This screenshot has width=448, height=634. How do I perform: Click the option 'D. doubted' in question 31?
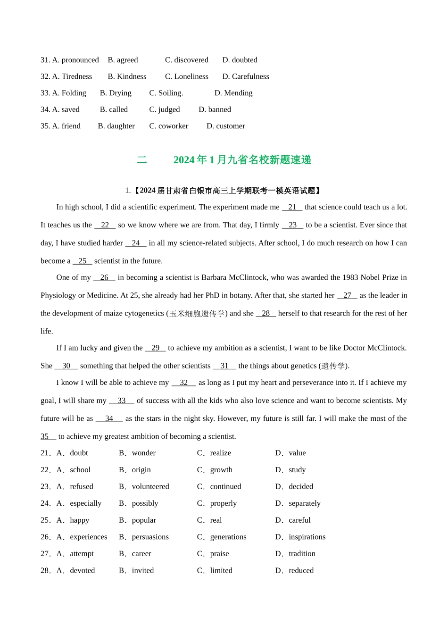tap(240, 60)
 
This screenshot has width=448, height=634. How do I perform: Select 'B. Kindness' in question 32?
tap(127, 76)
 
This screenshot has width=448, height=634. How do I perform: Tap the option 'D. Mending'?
tap(233, 93)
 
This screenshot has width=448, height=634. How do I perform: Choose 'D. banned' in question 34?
tap(215, 109)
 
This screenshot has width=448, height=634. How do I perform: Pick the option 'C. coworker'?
tap(168, 126)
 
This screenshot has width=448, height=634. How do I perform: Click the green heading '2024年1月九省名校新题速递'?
tap(242, 160)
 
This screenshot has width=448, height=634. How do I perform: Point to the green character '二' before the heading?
tap(142, 160)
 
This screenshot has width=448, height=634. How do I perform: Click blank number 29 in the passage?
tap(156, 348)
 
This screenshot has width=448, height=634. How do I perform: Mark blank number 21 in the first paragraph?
tap(292, 207)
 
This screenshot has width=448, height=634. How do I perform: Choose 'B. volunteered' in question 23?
tap(144, 486)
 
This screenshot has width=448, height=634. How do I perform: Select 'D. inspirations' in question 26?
tap(300, 537)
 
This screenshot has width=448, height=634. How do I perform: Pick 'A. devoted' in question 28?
tap(75, 570)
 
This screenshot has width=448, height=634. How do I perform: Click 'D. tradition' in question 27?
tap(295, 553)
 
